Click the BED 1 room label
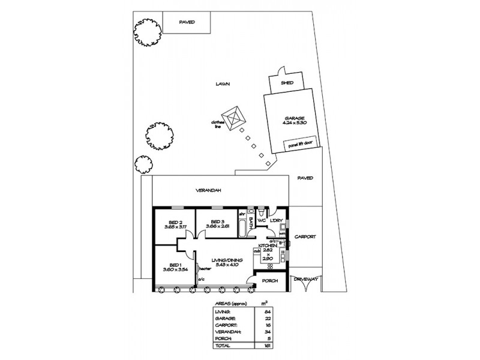pyautogui.click(x=174, y=265)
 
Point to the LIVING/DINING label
pyautogui.click(x=227, y=260)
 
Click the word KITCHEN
pyautogui.click(x=268, y=246)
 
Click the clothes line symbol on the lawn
pyautogui.click(x=232, y=115)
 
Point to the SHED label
pyautogui.click(x=287, y=83)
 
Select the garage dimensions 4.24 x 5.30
pyautogui.click(x=294, y=122)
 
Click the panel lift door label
pyautogui.click(x=300, y=144)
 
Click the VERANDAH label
pyautogui.click(x=209, y=190)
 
